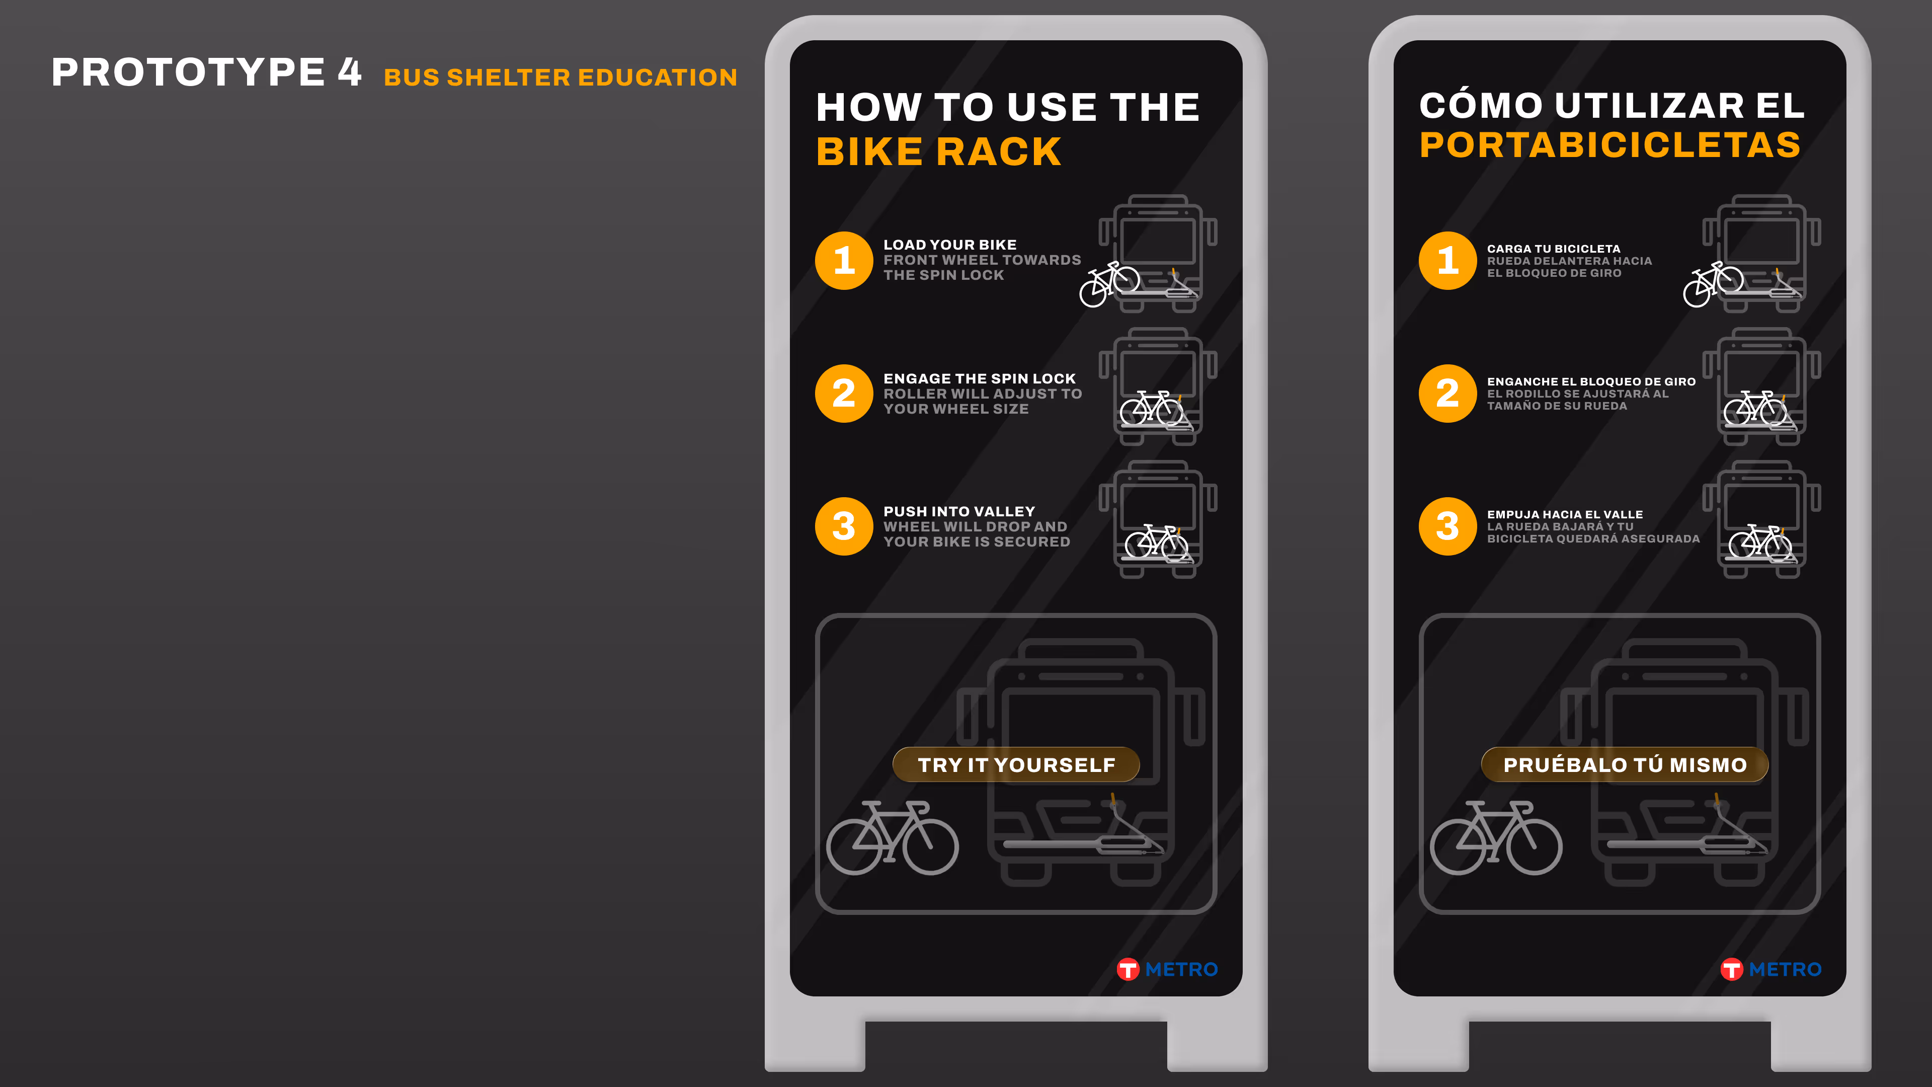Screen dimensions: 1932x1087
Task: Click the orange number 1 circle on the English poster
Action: pyautogui.click(x=844, y=260)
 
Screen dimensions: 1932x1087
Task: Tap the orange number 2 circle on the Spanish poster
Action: pyautogui.click(x=1447, y=393)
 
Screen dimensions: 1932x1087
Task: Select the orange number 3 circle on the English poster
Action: pyautogui.click(x=844, y=526)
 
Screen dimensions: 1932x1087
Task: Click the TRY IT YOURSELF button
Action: pyautogui.click(x=1016, y=764)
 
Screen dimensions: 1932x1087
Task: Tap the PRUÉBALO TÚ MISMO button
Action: pyautogui.click(x=1625, y=764)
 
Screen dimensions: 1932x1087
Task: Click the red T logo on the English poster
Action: pyautogui.click(x=1127, y=969)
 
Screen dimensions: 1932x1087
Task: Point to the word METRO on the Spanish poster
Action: pyautogui.click(x=1785, y=969)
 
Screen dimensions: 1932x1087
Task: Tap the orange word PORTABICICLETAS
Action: pyautogui.click(x=1610, y=145)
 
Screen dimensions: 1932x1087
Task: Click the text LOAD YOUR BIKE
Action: pyautogui.click(x=949, y=245)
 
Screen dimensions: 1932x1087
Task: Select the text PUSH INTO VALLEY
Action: pyautogui.click(x=959, y=512)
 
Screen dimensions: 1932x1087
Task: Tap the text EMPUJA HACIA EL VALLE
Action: pyautogui.click(x=1565, y=515)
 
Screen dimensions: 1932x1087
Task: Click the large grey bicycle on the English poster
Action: pyautogui.click(x=893, y=838)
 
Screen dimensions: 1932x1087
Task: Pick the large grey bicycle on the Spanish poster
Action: pyautogui.click(x=1496, y=838)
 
